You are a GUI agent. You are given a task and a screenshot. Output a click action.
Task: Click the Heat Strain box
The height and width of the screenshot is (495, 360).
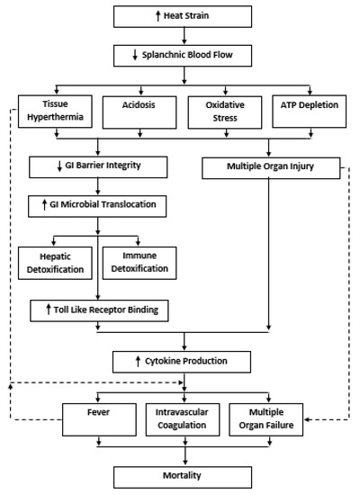183,16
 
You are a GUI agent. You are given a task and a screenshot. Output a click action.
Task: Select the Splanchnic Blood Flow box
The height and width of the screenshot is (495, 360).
183,56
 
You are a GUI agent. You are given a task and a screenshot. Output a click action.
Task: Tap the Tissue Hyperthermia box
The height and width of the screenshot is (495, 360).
55,112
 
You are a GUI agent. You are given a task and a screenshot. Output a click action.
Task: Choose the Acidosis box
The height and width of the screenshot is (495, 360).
139,112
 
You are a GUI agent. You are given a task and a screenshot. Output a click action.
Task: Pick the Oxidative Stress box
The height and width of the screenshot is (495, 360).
225,112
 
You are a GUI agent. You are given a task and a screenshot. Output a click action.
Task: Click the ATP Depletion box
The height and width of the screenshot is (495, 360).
310,112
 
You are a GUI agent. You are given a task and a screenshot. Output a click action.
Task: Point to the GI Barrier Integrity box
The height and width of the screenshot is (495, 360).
98,167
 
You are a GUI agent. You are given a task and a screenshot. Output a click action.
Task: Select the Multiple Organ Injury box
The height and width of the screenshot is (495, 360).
271,168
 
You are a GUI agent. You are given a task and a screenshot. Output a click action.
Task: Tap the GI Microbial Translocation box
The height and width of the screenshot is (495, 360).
97,206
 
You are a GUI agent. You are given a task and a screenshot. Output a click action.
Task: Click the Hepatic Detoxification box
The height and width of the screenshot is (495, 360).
55,264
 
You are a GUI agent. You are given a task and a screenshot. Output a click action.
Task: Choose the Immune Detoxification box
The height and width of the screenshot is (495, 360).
139,264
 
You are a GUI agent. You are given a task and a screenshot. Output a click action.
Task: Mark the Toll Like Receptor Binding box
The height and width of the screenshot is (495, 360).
99,311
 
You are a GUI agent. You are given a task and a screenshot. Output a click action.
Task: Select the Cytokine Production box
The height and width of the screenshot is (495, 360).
182,362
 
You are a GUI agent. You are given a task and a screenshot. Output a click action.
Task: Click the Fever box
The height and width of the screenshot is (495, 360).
100,420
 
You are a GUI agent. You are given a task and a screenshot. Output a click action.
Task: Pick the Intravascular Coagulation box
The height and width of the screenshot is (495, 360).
183,420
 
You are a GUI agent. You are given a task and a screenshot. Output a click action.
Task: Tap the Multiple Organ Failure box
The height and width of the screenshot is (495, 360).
266,420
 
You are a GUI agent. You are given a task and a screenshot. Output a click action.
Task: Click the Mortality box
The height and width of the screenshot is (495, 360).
183,477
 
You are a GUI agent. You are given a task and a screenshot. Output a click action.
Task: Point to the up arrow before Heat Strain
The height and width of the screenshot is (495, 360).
158,16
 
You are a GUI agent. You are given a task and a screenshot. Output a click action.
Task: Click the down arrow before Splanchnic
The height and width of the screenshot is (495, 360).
135,55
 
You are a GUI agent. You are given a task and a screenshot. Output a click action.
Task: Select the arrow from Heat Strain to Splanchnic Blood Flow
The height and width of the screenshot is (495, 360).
184,36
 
